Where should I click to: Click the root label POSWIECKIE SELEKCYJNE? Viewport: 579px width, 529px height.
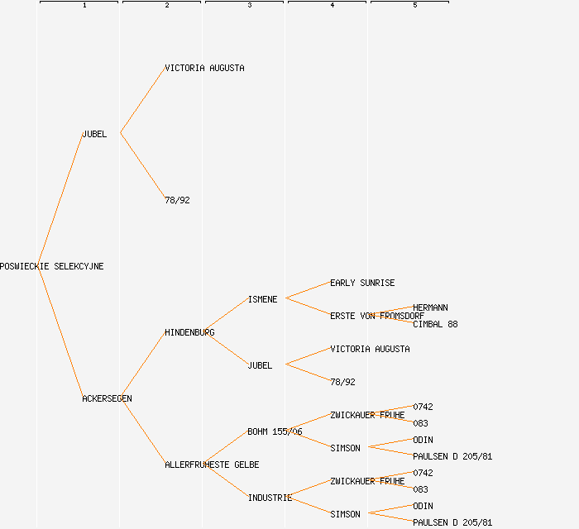pyautogui.click(x=52, y=267)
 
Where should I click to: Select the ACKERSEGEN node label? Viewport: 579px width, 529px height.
pyautogui.click(x=107, y=399)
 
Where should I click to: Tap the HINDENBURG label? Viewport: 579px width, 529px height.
pyautogui.click(x=189, y=333)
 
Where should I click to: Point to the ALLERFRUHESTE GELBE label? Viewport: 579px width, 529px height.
pyautogui.click(x=212, y=465)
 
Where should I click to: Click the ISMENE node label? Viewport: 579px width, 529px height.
pyautogui.click(x=262, y=300)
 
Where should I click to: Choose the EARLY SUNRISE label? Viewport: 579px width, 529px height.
pyautogui.click(x=362, y=284)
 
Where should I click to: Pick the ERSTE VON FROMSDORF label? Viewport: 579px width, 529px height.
pyautogui.click(x=377, y=317)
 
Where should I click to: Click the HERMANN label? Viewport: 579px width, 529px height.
pyautogui.click(x=430, y=308)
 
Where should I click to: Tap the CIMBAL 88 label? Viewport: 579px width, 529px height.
pyautogui.click(x=435, y=325)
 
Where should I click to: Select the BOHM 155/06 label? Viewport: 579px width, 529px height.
pyautogui.click(x=275, y=432)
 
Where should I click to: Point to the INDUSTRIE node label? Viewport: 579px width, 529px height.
pyautogui.click(x=270, y=498)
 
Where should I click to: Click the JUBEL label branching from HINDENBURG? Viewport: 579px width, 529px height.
pyautogui.click(x=260, y=366)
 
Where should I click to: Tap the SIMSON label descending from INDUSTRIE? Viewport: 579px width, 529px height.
pyautogui.click(x=345, y=515)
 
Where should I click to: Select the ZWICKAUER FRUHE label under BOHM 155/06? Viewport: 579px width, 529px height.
pyautogui.click(x=367, y=416)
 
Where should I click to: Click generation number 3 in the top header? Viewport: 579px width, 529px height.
pyautogui.click(x=249, y=6)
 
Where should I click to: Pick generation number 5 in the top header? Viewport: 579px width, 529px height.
pyautogui.click(x=414, y=6)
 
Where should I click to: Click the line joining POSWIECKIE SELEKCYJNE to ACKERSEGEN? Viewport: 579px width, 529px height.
pyautogui.click(x=60, y=332)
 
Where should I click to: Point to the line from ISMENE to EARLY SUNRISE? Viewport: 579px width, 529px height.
pyautogui.click(x=308, y=290)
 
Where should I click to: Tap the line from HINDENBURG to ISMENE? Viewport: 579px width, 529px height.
pyautogui.click(x=225, y=315)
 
